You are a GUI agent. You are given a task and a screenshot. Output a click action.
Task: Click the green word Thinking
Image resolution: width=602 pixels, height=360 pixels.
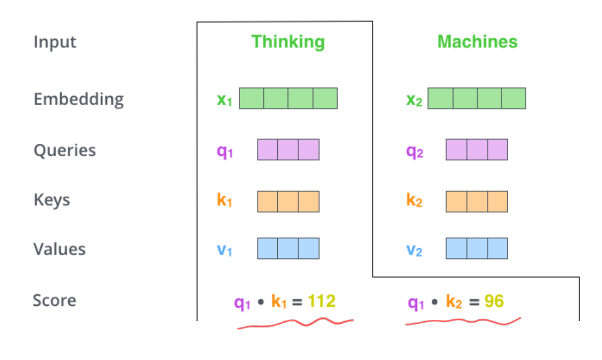click(288, 42)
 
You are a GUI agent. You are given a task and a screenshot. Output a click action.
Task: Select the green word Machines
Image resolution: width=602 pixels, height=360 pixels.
click(477, 42)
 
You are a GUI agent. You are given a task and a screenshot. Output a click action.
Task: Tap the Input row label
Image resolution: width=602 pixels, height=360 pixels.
click(55, 42)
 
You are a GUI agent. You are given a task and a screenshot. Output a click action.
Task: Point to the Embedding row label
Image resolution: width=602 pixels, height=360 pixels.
click(78, 99)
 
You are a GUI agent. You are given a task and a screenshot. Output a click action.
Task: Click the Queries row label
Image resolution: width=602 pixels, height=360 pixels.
click(64, 150)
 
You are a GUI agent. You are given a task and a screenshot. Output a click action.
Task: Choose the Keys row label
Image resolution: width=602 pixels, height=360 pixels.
click(52, 200)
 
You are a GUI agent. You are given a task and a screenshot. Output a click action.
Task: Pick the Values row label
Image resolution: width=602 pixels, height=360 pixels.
click(59, 249)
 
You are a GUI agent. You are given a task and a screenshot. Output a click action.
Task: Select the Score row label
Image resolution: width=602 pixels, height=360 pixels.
click(54, 300)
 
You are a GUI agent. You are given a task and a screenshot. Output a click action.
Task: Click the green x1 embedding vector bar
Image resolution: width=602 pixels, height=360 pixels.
click(288, 98)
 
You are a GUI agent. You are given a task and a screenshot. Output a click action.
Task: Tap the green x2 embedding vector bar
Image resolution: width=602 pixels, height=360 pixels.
click(477, 98)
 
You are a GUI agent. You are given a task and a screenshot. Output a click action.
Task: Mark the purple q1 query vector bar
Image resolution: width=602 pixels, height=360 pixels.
click(288, 149)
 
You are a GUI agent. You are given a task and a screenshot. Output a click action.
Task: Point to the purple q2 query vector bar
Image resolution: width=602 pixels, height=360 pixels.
click(477, 149)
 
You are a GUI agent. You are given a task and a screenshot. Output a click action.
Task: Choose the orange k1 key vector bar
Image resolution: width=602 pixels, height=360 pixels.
click(288, 201)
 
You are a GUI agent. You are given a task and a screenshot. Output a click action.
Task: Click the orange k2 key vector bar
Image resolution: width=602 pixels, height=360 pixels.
click(477, 201)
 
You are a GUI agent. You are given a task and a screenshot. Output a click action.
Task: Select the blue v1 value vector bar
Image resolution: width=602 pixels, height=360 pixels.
click(288, 248)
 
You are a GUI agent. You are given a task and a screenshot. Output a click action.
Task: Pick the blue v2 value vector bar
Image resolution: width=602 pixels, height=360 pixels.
click(477, 248)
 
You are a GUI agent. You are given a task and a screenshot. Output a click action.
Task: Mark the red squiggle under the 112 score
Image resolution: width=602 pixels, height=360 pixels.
click(295, 323)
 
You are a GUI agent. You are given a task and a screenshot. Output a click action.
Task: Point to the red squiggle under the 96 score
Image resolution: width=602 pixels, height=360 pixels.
click(463, 322)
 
